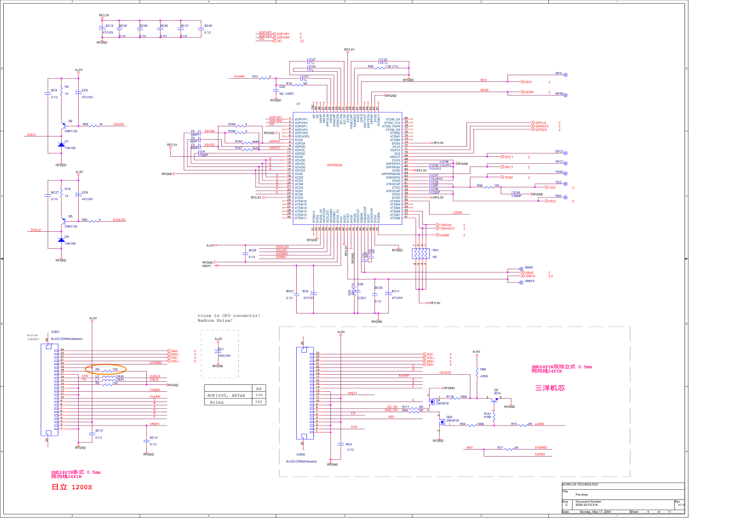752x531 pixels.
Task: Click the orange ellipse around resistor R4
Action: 106,369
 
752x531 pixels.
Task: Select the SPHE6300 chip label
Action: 335,165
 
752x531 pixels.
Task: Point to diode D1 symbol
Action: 61,145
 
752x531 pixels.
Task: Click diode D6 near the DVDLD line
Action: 61,240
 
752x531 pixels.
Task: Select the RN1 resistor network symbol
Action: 420,253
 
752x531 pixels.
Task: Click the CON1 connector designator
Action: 55,332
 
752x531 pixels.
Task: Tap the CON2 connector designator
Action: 300,454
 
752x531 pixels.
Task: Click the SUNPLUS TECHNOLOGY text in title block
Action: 580,484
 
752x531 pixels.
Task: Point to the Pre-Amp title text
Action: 582,495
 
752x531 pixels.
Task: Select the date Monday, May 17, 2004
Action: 595,512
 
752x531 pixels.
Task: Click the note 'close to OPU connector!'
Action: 229,316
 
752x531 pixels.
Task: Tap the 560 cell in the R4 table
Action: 259,402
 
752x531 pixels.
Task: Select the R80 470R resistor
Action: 477,373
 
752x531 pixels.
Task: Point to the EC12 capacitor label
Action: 109,26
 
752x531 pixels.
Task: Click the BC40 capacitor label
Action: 208,26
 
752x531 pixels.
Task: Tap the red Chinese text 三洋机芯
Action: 550,388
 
